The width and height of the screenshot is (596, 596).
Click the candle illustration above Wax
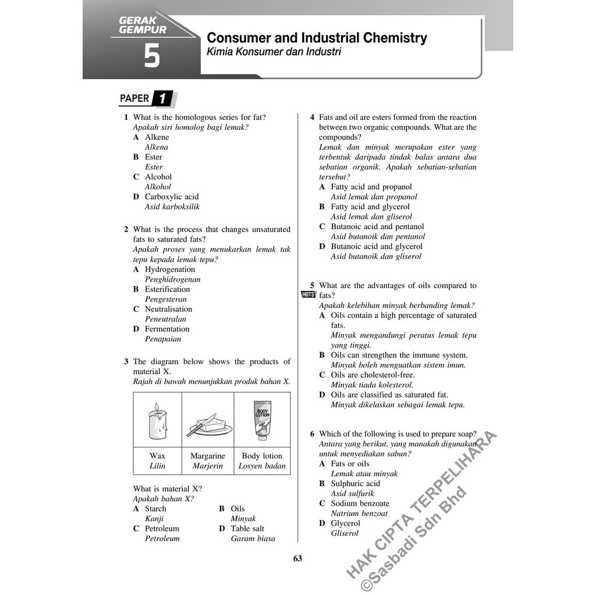[157, 420]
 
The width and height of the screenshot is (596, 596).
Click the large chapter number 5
[152, 57]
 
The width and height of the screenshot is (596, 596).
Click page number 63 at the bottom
[297, 559]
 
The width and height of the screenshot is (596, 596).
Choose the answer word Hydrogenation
[170, 269]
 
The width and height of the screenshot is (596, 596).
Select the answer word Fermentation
[167, 329]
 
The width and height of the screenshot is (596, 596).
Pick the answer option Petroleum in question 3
[162, 528]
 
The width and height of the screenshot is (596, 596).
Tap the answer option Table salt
[247, 528]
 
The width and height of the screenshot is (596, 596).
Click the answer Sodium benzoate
[360, 503]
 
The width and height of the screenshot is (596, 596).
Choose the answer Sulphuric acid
[355, 484]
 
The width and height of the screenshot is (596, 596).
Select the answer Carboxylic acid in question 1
[172, 197]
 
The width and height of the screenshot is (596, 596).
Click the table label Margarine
[207, 456]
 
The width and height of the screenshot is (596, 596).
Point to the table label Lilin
[157, 466]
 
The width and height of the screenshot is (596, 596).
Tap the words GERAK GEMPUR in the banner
[142, 25]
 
